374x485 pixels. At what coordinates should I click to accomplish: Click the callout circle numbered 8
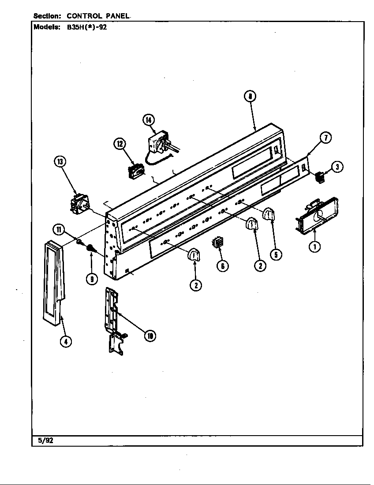tap(250, 97)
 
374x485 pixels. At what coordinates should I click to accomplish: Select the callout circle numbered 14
tap(149, 119)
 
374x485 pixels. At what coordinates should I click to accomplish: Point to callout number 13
tap(60, 162)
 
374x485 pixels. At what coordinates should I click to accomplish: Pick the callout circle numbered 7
tap(325, 138)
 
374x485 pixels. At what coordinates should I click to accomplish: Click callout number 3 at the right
tap(337, 167)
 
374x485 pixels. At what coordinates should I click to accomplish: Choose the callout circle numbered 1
tap(314, 246)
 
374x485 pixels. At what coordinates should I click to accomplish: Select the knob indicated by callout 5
tap(269, 215)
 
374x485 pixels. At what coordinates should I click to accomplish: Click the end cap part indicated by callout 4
tap(53, 282)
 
